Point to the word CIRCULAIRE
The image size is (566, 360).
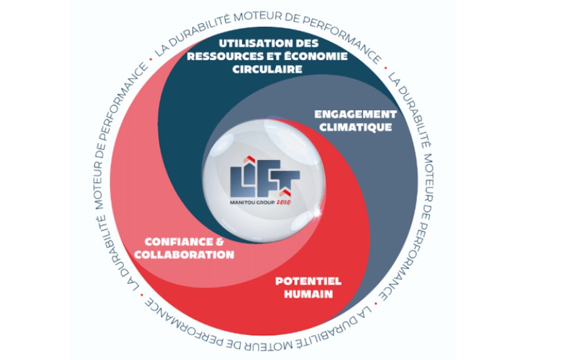coord(267,69)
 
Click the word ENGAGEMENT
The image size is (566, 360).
coord(356,115)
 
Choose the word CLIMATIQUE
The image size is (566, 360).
coord(356,127)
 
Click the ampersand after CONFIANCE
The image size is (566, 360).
coord(220,242)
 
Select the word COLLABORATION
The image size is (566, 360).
coord(184,255)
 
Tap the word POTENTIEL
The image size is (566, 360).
coord(308,281)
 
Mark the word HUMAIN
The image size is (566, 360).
coord(308,294)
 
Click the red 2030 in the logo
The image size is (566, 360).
coord(284,202)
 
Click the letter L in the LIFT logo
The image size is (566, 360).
coord(238,179)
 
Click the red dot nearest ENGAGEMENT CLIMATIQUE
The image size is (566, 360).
coord(386,67)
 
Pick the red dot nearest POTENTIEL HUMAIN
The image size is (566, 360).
coord(376,303)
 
